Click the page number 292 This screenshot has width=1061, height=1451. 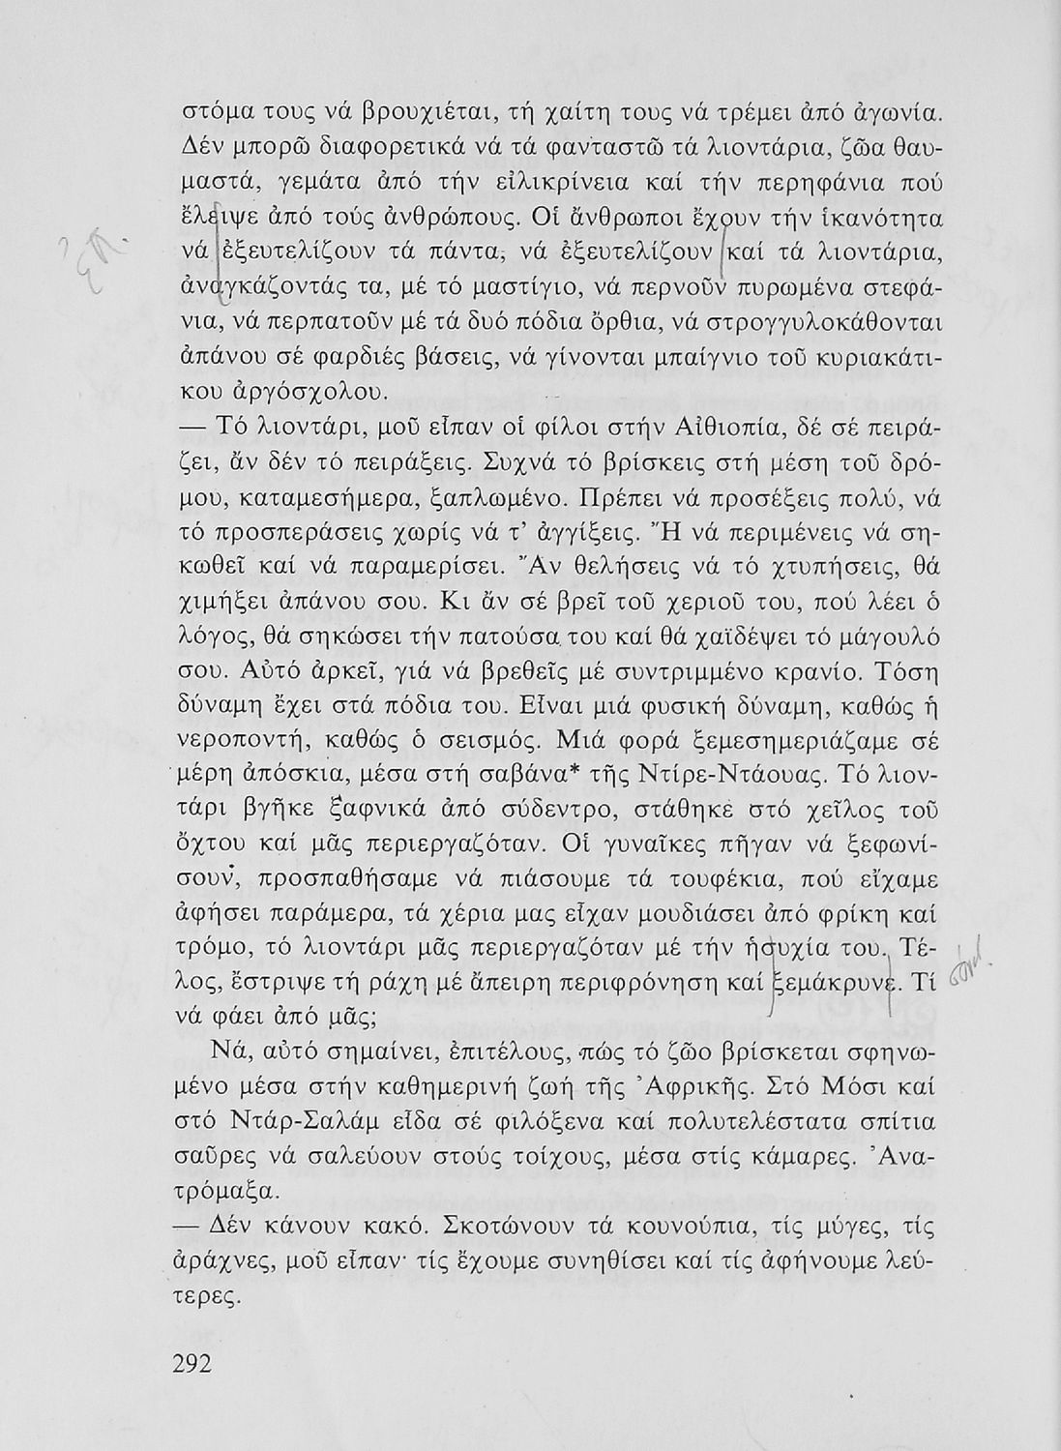[x=197, y=1364]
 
